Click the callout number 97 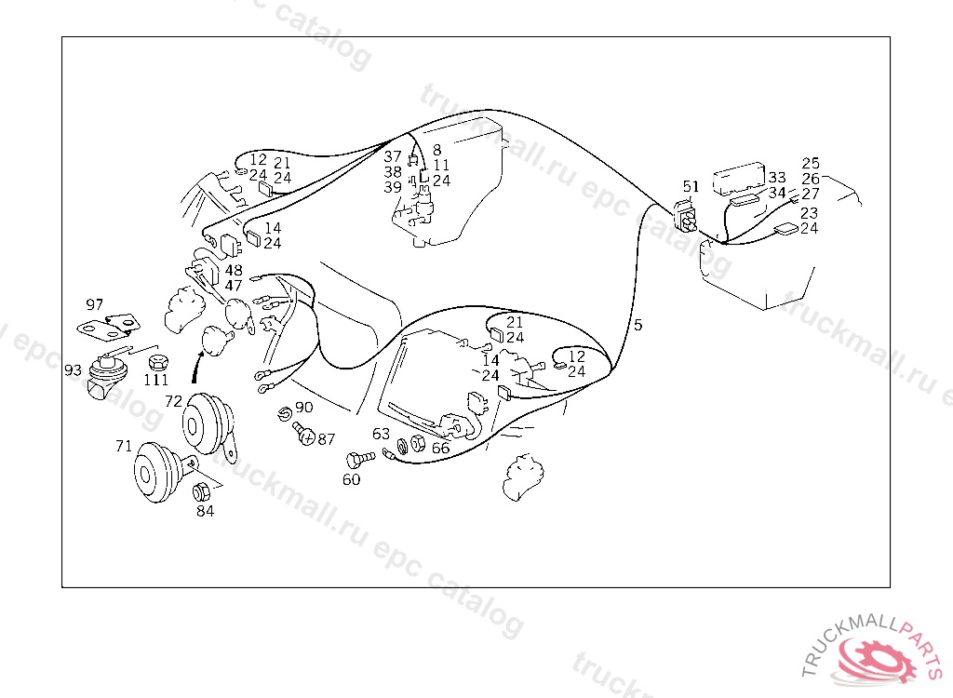pos(94,304)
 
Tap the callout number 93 pos(73,370)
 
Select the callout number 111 pos(155,380)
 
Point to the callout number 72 pos(174,401)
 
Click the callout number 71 pos(124,446)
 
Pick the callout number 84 pos(205,510)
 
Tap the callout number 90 pos(304,409)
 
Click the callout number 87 pos(326,438)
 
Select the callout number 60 pos(351,480)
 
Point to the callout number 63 pos(381,434)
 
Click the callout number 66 pos(440,448)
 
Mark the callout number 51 pos(690,186)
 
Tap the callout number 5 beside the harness pos(638,325)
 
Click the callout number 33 pos(776,177)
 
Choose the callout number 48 pos(233,271)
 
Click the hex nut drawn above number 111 pos(157,361)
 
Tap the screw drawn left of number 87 pos(303,432)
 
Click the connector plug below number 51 pos(688,218)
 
